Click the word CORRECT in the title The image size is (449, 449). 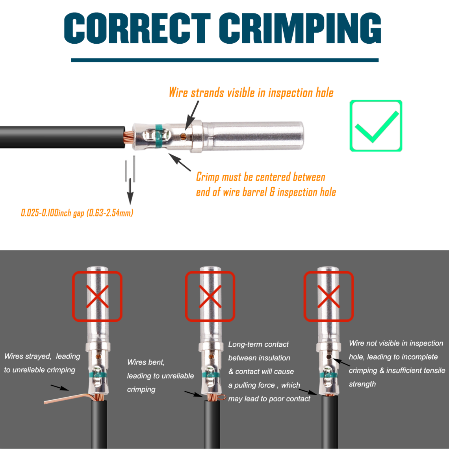(x=137, y=28)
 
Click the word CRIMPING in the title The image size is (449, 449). (x=300, y=28)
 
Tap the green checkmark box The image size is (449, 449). (x=376, y=126)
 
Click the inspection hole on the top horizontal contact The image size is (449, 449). (x=183, y=136)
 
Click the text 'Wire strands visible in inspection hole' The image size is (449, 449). (x=251, y=93)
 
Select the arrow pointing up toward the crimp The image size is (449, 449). (x=179, y=162)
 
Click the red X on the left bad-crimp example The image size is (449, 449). (x=97, y=296)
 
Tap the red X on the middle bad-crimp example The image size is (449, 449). (x=210, y=296)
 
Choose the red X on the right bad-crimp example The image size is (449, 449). (x=328, y=296)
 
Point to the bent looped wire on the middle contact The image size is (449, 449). (x=221, y=397)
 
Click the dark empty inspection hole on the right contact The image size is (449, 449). (x=329, y=357)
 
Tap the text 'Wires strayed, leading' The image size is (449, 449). (x=42, y=357)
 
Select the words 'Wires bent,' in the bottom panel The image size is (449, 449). (x=146, y=362)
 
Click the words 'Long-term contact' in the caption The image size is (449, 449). (x=258, y=344)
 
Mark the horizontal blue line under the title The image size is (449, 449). (x=225, y=60)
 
